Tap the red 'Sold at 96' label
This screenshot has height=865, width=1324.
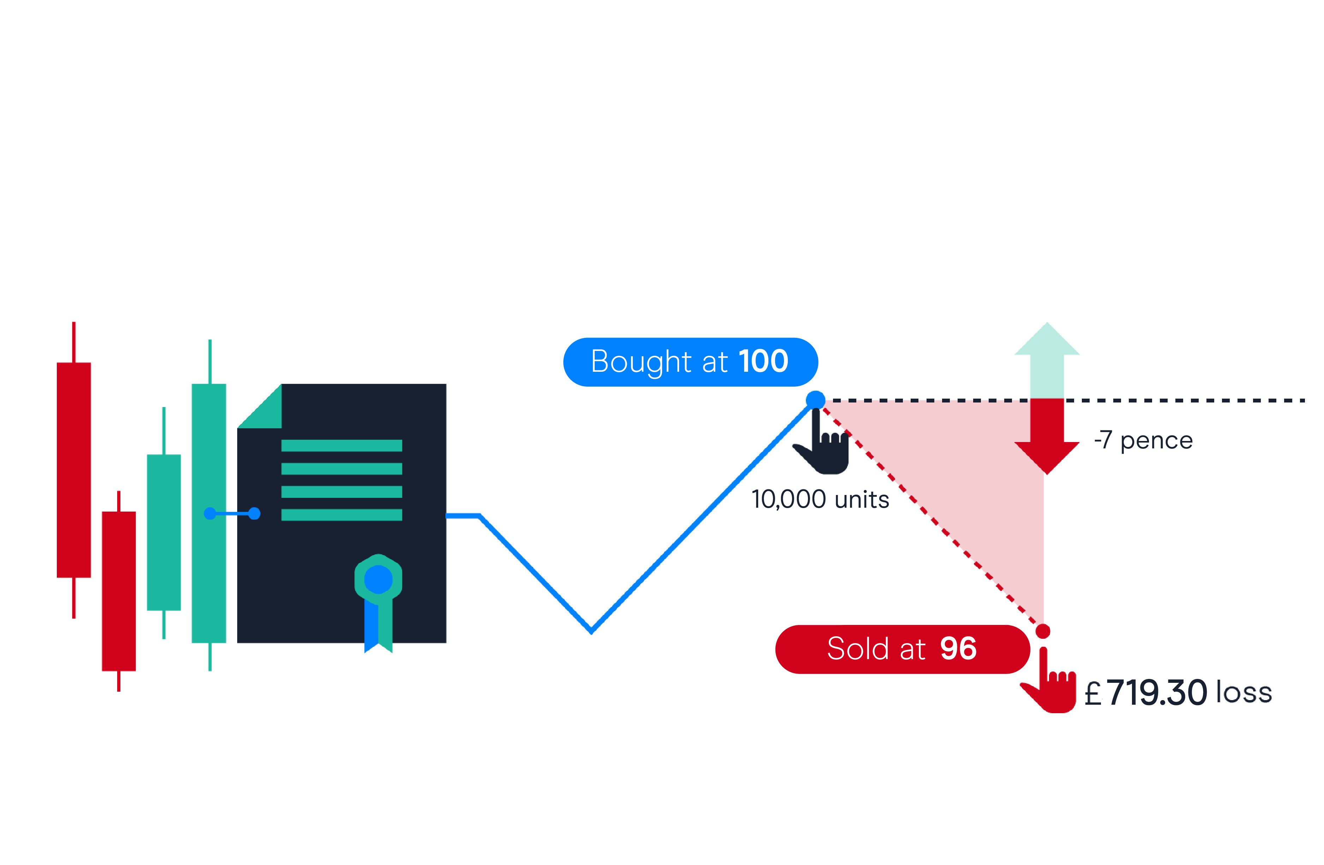coord(902,649)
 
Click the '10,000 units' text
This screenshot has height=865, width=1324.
coord(820,500)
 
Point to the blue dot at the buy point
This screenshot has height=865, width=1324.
coord(815,400)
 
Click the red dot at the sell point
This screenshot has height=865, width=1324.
coord(1043,631)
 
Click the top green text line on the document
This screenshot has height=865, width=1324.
coord(342,446)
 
